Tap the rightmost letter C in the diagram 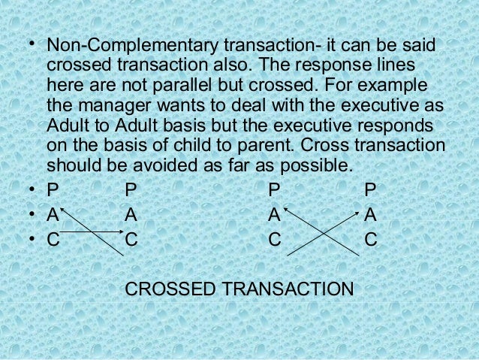pyautogui.click(x=369, y=241)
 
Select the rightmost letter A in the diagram pyautogui.click(x=369, y=216)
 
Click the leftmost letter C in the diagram pyautogui.click(x=53, y=241)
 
